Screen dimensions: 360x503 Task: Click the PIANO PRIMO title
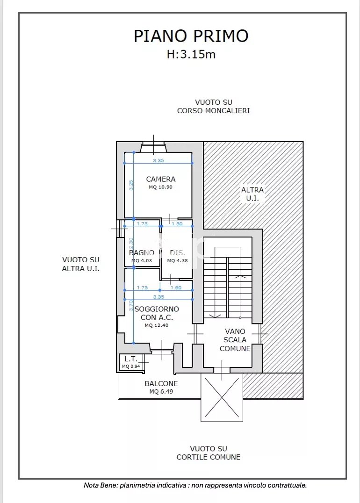(x=191, y=36)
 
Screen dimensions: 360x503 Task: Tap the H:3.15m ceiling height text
(x=191, y=54)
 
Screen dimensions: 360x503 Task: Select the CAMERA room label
(x=161, y=179)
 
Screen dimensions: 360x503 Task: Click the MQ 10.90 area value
(x=160, y=187)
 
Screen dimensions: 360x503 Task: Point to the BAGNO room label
(x=142, y=253)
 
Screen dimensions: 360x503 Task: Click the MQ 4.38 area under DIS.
(x=178, y=260)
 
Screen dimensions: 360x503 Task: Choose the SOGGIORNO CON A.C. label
(x=157, y=313)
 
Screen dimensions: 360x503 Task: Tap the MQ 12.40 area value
(x=157, y=325)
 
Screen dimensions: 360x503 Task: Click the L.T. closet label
(x=131, y=359)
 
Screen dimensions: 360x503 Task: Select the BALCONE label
(x=161, y=383)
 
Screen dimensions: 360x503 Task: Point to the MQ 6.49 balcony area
(x=161, y=391)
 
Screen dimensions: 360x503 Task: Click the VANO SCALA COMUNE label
(x=235, y=340)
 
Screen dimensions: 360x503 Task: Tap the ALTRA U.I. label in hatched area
(x=252, y=194)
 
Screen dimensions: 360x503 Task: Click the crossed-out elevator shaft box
(x=222, y=397)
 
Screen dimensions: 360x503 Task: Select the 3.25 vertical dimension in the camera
(x=131, y=185)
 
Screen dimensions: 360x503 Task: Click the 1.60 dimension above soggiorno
(x=176, y=287)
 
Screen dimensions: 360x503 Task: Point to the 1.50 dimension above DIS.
(x=177, y=223)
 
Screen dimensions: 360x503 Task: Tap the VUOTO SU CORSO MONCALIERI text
(x=213, y=106)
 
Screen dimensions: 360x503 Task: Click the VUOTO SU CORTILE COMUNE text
(x=208, y=453)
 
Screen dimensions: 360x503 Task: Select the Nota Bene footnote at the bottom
(x=195, y=485)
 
